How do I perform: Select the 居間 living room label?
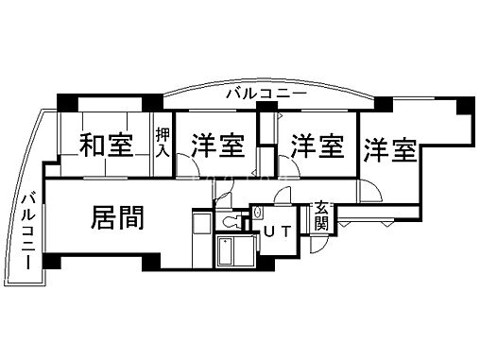point(117,218)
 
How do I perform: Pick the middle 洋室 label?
point(316,146)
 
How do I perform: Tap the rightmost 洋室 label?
point(389,148)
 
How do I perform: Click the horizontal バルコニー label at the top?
point(266,94)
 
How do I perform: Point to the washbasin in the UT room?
point(257,216)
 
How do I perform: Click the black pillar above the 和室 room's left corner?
point(66,102)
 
